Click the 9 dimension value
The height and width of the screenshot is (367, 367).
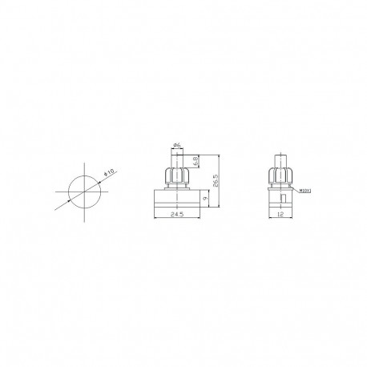208,198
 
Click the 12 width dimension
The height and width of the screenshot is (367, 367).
280,214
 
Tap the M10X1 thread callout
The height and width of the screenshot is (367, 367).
304,191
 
